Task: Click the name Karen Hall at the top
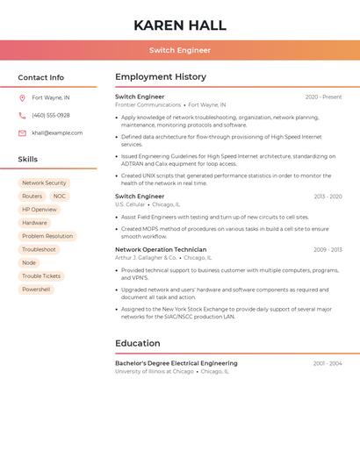click(180, 25)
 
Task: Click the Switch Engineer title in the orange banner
click(180, 50)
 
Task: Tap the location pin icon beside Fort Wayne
click(22, 97)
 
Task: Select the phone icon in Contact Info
click(22, 115)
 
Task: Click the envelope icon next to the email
click(22, 133)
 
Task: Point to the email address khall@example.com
click(57, 133)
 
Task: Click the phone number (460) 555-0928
click(51, 115)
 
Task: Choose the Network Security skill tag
click(44, 183)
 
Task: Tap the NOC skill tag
click(60, 197)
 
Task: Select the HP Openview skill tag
click(40, 210)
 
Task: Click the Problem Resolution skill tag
click(47, 236)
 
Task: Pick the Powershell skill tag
click(36, 290)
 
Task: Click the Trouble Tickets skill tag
click(41, 276)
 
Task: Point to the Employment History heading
click(161, 77)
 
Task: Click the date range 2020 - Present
click(323, 97)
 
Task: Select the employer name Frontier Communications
click(148, 104)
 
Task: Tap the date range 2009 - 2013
click(328, 250)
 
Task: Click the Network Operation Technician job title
click(161, 250)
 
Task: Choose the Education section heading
click(137, 343)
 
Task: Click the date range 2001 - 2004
click(328, 363)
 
